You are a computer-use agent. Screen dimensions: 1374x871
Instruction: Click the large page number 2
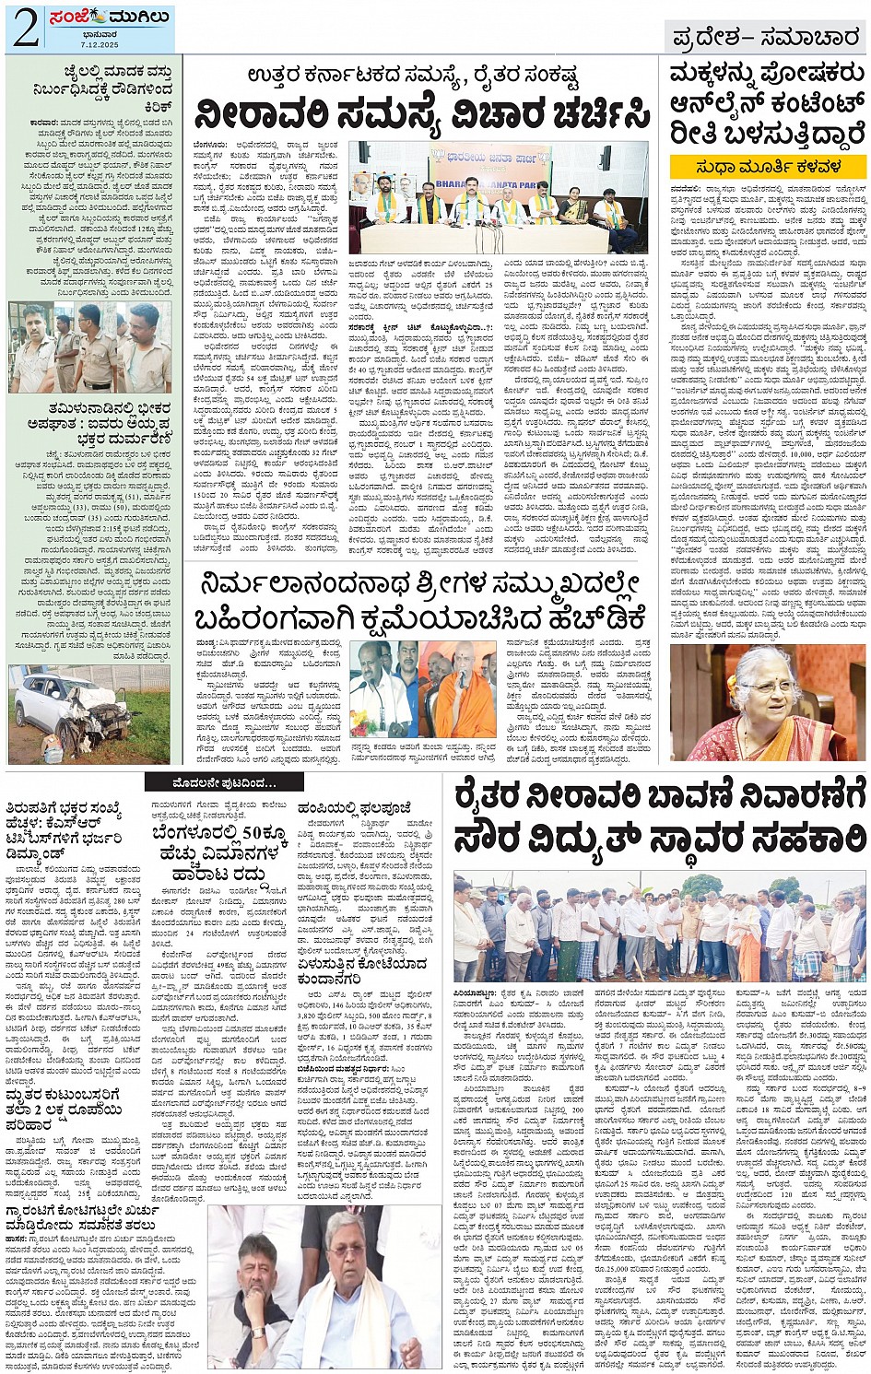pos(25,29)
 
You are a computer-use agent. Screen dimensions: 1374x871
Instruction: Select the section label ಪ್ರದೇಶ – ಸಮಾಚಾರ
pos(766,39)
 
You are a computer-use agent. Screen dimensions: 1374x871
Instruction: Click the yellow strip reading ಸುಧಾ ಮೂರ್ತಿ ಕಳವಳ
pos(768,166)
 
